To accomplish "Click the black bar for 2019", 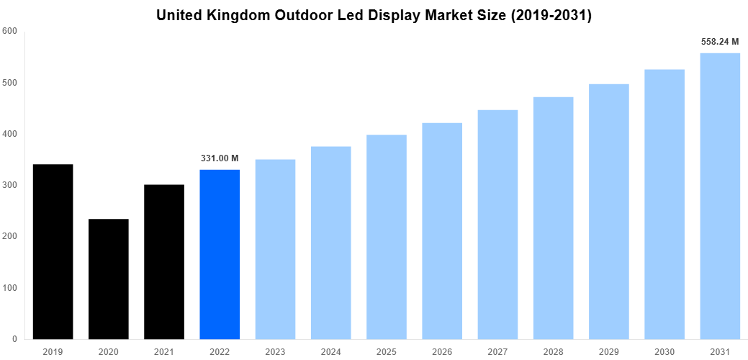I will (53, 252).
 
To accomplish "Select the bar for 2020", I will (109, 279).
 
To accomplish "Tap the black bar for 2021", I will (164, 262).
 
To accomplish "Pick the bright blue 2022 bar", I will (220, 254).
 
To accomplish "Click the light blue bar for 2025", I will (387, 237).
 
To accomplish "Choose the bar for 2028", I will (553, 218).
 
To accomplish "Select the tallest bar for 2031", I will (720, 196).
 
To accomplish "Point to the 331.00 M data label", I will (220, 158).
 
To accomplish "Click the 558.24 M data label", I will (720, 42).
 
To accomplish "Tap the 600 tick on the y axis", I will (10, 32).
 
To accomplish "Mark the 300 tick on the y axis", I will (10, 185).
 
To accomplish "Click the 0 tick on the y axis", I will (14, 339).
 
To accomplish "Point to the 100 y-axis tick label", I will (10, 288).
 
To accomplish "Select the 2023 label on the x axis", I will (275, 351).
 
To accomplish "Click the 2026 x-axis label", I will (442, 351).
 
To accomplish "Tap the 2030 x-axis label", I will (664, 351).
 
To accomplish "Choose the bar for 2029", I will (609, 212).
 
